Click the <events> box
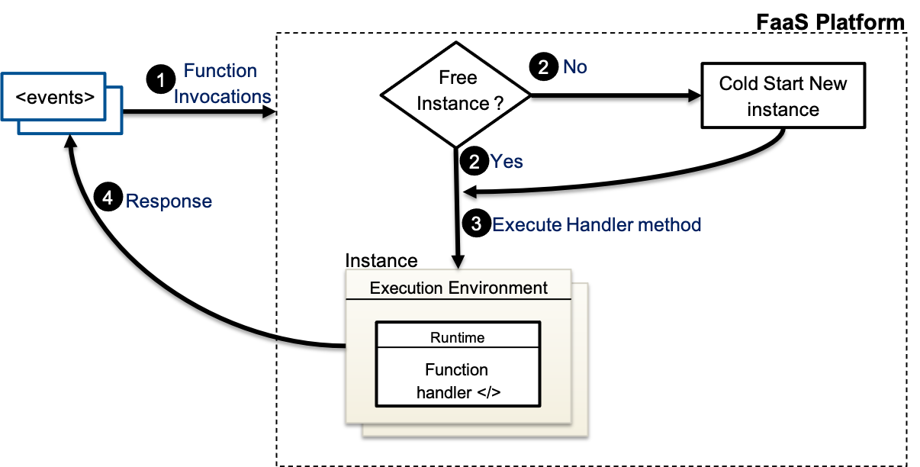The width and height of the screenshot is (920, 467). pos(55,97)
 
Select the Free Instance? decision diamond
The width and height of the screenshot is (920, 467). pos(456,95)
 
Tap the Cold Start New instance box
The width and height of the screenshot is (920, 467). pos(783,95)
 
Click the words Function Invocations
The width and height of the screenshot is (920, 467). pos(222,84)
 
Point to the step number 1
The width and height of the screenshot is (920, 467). pos(161,80)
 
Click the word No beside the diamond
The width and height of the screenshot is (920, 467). pos(575,67)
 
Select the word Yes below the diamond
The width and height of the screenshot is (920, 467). pos(507,162)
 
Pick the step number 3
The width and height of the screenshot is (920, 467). pos(476,224)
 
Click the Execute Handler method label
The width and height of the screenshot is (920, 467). pos(597,224)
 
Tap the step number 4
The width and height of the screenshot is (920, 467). pos(108,198)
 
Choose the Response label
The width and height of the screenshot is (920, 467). pos(169,201)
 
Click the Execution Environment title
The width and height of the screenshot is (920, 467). pos(458,288)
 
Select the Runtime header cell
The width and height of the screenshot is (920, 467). pos(457,337)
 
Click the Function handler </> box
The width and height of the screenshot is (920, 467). pos(457,381)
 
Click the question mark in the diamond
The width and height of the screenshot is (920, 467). pos(498,104)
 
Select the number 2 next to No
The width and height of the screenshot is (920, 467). pos(543,67)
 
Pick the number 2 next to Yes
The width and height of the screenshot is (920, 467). pos(474,162)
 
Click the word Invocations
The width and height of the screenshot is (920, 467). pos(222,97)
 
